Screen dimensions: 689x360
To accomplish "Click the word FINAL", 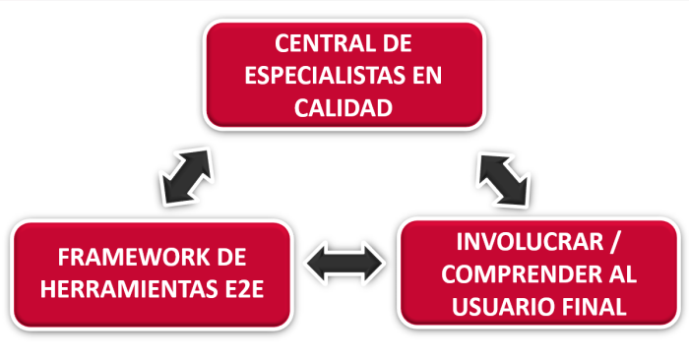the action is click(593, 305).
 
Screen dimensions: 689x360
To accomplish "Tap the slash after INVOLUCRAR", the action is click(617, 242).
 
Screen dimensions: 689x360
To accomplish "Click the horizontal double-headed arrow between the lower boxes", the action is click(344, 263).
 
